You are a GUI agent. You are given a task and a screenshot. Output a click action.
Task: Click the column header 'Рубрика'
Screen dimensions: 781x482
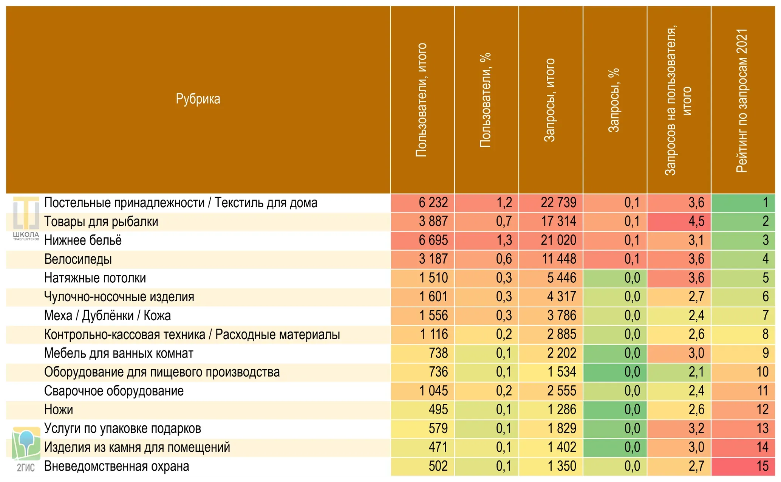pos(198,99)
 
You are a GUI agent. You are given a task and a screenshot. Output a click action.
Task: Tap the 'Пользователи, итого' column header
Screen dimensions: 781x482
pos(421,100)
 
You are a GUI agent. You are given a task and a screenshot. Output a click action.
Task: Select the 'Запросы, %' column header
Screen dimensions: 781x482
pos(614,100)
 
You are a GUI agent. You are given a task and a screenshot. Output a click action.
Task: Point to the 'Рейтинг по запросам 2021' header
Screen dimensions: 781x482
pos(742,101)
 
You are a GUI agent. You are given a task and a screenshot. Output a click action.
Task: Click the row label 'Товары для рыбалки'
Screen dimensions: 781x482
pos(101,222)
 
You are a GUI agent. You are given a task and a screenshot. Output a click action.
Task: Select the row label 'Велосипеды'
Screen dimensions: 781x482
pos(78,259)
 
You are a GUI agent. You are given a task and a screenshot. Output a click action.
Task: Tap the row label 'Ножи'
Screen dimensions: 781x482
pos(59,409)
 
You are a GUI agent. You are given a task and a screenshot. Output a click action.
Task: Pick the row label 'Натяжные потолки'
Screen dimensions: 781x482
pos(95,278)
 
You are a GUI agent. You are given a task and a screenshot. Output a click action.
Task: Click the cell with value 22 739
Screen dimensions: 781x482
pos(558,203)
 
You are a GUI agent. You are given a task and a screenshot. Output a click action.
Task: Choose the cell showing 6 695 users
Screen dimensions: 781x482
pos(433,240)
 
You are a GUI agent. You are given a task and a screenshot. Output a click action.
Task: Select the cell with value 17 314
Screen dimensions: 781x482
pos(558,222)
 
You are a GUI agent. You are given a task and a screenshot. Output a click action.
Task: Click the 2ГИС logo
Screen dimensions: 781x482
pos(26,449)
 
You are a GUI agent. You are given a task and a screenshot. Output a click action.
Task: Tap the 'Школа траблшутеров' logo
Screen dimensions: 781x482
pos(26,219)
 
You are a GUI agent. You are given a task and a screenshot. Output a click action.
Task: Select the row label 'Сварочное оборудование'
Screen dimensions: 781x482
pos(114,391)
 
